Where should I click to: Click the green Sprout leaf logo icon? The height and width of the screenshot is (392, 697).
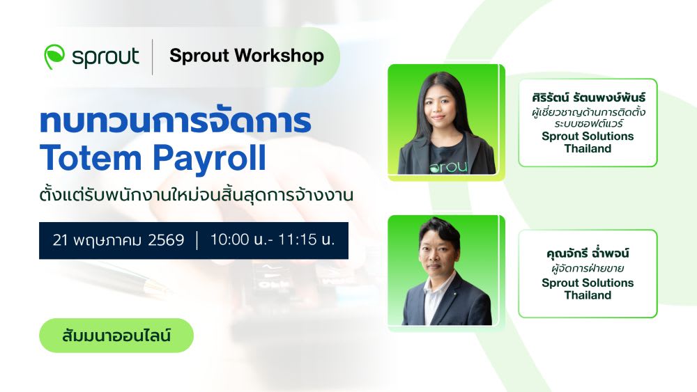pos(54,56)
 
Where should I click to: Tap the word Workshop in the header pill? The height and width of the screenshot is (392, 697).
pos(279,56)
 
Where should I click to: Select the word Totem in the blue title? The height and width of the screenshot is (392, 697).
pos(91,158)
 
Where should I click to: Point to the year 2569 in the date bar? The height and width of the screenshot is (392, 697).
pos(166,240)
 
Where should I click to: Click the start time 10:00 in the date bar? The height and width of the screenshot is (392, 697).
pos(229,240)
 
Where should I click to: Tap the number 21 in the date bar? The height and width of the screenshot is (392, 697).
pos(60,240)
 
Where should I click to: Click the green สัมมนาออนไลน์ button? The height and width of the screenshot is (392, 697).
pos(116,336)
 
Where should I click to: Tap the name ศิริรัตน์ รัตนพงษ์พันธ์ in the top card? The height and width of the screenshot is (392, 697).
pos(588,97)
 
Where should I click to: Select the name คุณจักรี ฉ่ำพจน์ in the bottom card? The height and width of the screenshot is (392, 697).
pos(588,253)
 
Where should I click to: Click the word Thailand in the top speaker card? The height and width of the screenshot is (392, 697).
pos(588,149)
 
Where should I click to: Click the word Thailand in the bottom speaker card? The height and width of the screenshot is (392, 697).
pos(588,295)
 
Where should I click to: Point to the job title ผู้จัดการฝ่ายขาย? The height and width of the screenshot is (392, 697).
pos(588,268)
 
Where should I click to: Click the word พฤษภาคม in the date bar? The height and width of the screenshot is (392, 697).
pos(107,241)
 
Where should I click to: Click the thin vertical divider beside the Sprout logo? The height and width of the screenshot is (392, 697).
pos(153,57)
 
